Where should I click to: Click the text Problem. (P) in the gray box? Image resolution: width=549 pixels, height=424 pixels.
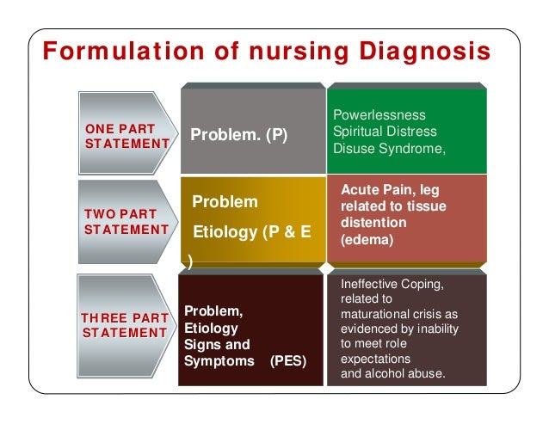(x=239, y=135)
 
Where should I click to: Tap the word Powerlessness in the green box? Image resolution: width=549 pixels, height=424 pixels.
(x=379, y=114)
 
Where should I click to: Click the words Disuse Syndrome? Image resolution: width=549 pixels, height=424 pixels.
(x=386, y=148)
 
